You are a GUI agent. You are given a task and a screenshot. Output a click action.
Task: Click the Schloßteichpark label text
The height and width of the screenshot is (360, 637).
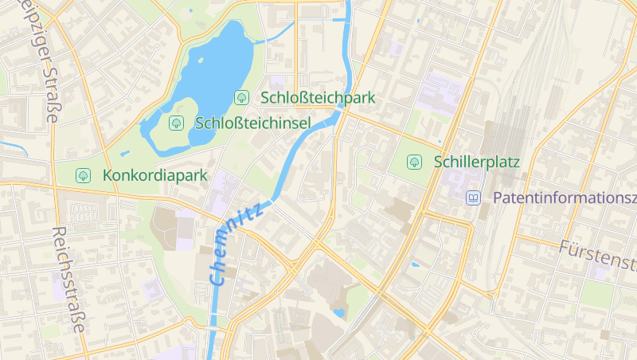click(318, 98)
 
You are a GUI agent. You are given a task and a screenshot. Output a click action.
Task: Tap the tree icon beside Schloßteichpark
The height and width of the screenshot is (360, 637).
click(241, 98)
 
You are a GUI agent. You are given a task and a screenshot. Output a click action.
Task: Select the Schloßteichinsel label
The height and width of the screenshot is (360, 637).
click(252, 123)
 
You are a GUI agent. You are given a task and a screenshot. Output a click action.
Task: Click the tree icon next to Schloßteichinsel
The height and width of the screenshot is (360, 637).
click(176, 123)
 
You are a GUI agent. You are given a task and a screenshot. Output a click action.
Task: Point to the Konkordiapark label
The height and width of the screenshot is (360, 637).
click(155, 175)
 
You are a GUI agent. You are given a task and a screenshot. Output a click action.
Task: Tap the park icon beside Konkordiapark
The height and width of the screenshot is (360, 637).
click(83, 175)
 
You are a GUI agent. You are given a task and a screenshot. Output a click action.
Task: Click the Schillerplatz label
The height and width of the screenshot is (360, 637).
click(477, 162)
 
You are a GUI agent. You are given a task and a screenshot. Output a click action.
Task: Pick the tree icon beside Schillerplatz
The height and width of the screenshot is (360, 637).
click(415, 162)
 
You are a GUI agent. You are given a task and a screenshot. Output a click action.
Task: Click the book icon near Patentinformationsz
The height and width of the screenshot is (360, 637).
click(475, 198)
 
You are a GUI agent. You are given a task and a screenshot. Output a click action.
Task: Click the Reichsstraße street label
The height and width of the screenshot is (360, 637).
click(68, 279)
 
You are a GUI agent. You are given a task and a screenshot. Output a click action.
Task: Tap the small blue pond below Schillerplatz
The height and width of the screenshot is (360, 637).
click(415, 264)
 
